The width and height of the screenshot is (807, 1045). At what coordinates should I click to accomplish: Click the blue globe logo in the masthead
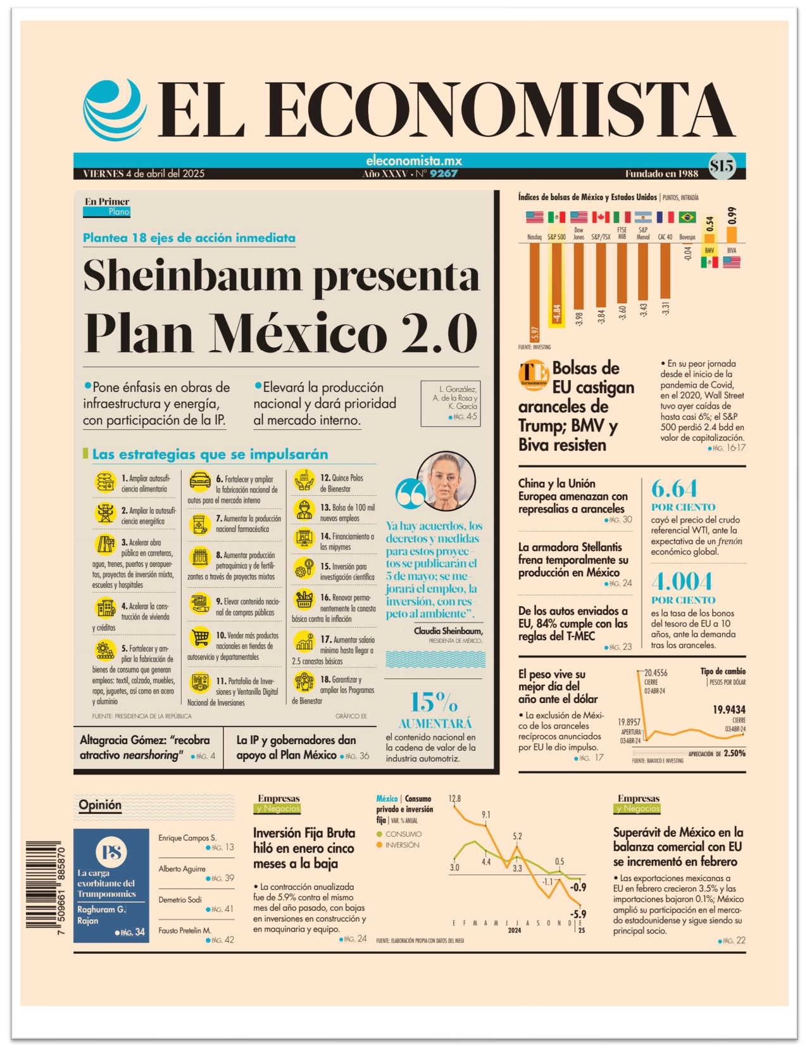pyautogui.click(x=115, y=110)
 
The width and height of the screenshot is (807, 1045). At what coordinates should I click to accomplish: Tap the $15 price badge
pyautogui.click(x=722, y=167)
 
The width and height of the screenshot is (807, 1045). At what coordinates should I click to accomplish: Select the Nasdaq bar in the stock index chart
pyautogui.click(x=534, y=293)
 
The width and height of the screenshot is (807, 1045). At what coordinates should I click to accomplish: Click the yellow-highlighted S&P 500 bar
pyautogui.click(x=556, y=284)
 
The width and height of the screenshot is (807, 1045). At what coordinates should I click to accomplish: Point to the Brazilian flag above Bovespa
pyautogui.click(x=687, y=217)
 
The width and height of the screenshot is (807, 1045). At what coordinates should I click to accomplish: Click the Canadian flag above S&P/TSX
pyautogui.click(x=600, y=217)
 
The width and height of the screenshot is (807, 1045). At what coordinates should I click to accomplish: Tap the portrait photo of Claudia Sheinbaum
pyautogui.click(x=446, y=481)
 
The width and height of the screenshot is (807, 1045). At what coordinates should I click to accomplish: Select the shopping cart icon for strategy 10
pyautogui.click(x=199, y=637)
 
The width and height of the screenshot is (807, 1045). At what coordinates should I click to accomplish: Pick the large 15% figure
pyautogui.click(x=434, y=702)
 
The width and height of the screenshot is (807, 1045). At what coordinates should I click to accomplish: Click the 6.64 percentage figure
pyautogui.click(x=674, y=489)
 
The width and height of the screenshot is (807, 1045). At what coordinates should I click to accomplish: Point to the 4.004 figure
pyautogui.click(x=682, y=582)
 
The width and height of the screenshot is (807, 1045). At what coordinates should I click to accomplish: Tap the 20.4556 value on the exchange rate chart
pyautogui.click(x=656, y=673)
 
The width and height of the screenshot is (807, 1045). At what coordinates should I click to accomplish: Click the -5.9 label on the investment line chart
pyautogui.click(x=578, y=914)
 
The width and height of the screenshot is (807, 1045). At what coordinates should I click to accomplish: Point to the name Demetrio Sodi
pyautogui.click(x=180, y=899)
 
